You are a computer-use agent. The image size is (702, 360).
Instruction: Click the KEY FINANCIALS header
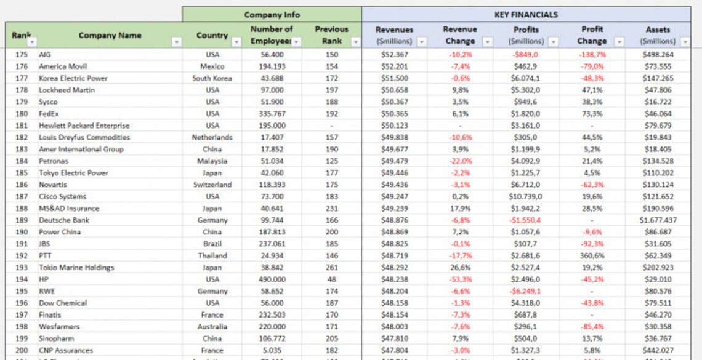(526, 14)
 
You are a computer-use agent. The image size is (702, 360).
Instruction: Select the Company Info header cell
(272, 14)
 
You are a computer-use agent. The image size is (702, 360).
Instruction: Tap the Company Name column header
(110, 35)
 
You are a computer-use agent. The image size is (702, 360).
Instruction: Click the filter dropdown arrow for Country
(236, 42)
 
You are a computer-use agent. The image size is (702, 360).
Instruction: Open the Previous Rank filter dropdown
(355, 42)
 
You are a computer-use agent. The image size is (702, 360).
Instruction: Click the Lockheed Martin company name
(67, 90)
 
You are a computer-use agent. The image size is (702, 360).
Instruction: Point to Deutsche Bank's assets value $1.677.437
(658, 220)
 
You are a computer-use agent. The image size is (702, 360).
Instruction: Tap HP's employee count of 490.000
(272, 279)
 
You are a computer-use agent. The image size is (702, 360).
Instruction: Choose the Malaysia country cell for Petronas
(212, 161)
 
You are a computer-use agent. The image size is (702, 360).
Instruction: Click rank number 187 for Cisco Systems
(22, 196)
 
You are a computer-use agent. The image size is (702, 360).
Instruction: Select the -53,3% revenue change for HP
(459, 279)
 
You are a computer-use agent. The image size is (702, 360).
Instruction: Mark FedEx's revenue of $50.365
(394, 114)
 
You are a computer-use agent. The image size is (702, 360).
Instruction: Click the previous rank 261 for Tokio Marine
(331, 268)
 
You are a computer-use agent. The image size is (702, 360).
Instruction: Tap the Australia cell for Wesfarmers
(212, 327)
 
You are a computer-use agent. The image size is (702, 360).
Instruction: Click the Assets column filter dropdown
(685, 42)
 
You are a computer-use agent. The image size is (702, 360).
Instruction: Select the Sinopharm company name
(57, 338)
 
